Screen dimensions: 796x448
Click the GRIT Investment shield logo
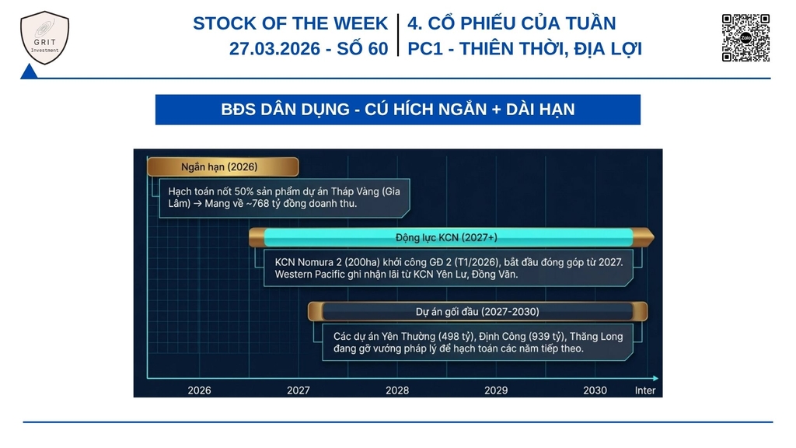pyautogui.click(x=44, y=37)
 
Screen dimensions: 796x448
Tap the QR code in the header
pyautogui.click(x=745, y=37)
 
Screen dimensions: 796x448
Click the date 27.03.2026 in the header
pyautogui.click(x=274, y=49)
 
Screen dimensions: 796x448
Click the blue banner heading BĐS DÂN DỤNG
pyautogui.click(x=397, y=109)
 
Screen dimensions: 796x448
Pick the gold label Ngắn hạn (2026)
pyautogui.click(x=223, y=166)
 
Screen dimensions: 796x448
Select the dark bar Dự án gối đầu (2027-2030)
pyautogui.click(x=478, y=311)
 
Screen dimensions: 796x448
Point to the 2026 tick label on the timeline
pyautogui.click(x=199, y=390)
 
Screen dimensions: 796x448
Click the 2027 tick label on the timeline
pyautogui.click(x=298, y=390)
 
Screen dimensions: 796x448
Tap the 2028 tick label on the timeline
pyautogui.click(x=397, y=390)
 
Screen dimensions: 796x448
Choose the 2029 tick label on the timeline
pyautogui.click(x=496, y=390)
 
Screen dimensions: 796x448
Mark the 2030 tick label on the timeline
pyautogui.click(x=595, y=390)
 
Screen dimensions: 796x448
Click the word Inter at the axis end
pyautogui.click(x=644, y=390)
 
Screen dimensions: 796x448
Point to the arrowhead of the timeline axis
pyautogui.click(x=655, y=379)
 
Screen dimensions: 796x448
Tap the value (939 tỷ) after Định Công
pyautogui.click(x=547, y=337)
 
